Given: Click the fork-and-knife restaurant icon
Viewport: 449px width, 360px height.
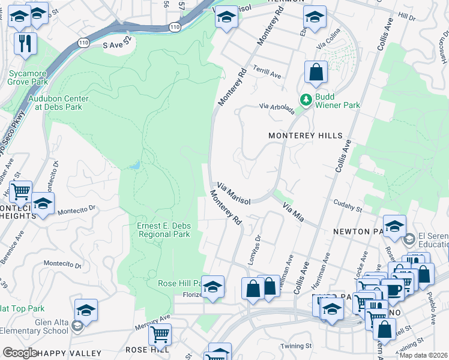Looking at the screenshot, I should pyautogui.click(x=25, y=43).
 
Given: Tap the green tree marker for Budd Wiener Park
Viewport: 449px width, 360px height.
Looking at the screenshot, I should pyautogui.click(x=306, y=99).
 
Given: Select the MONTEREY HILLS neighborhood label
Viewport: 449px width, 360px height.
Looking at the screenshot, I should pyautogui.click(x=305, y=136).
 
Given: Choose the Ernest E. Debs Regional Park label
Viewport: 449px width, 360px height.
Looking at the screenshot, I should pyautogui.click(x=164, y=230).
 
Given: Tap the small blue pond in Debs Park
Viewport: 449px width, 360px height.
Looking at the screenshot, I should pyautogui.click(x=136, y=164).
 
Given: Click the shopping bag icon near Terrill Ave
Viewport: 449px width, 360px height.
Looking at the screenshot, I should pyautogui.click(x=316, y=73).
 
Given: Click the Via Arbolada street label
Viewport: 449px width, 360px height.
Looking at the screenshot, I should pyautogui.click(x=277, y=107).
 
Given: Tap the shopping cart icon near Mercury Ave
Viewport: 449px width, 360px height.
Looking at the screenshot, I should pyautogui.click(x=160, y=334).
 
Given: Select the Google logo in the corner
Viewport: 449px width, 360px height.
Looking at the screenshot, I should pyautogui.click(x=20, y=353).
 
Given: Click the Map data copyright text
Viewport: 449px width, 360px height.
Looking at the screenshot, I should pyautogui.click(x=423, y=355).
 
